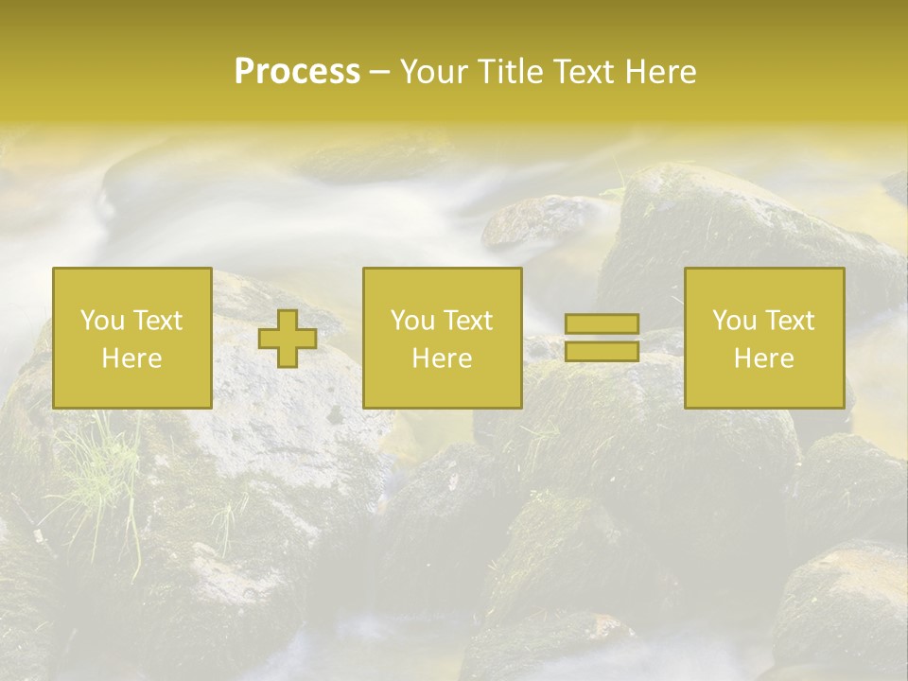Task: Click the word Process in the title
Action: tap(297, 72)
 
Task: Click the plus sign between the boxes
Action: tap(288, 339)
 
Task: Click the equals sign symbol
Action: tap(602, 338)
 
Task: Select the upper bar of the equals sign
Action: tap(602, 324)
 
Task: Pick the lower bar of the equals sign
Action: tap(602, 351)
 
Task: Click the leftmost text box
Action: tap(131, 338)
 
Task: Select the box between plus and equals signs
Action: tap(442, 338)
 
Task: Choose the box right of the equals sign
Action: tap(763, 338)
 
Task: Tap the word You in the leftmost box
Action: tap(98, 321)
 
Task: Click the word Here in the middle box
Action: tap(442, 358)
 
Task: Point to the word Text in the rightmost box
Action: tap(789, 321)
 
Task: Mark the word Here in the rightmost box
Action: tap(763, 358)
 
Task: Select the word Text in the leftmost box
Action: tap(157, 321)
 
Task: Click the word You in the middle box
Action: tap(410, 321)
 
